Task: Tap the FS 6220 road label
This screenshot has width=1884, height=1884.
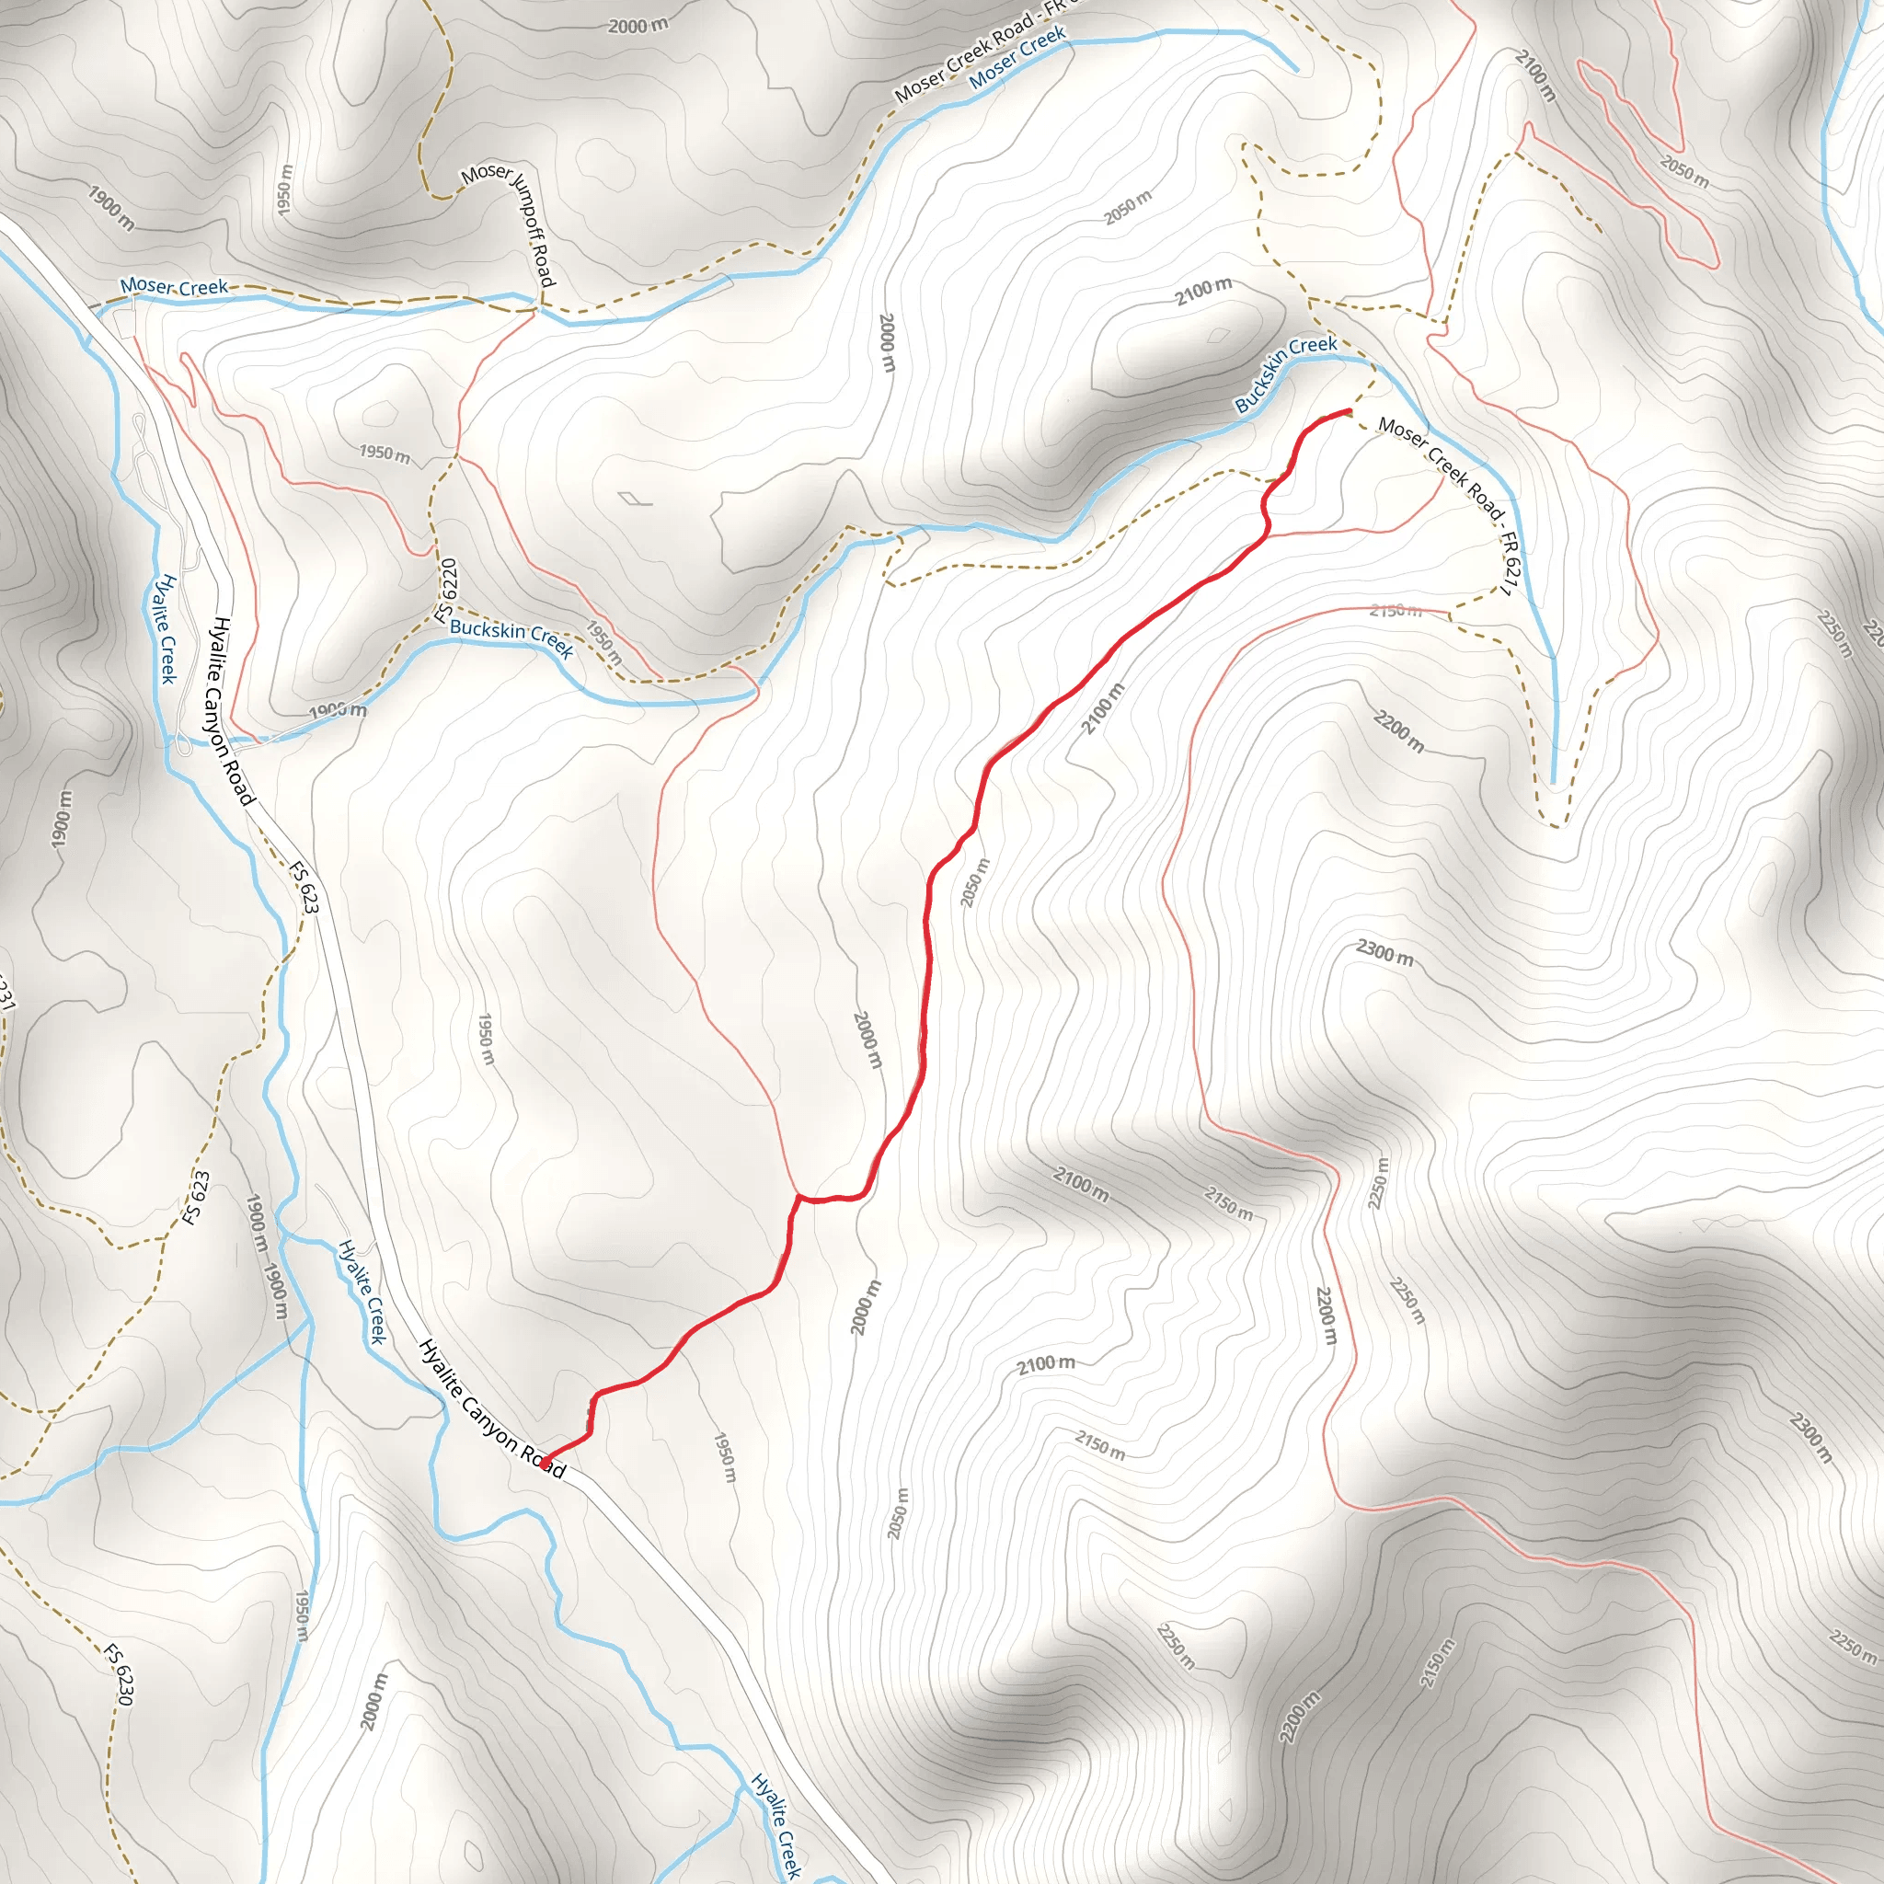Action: click(446, 591)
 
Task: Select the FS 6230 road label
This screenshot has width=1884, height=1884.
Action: click(119, 1674)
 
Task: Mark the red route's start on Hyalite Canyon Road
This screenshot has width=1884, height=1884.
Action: click(546, 1462)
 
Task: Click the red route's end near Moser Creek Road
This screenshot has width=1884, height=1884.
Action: click(1349, 410)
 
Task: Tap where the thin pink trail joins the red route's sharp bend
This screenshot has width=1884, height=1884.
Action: click(798, 1195)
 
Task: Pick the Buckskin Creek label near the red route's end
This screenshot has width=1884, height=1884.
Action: click(1285, 373)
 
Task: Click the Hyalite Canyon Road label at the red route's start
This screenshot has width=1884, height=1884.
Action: click(491, 1409)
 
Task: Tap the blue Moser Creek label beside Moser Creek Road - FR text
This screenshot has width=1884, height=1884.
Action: click(1018, 59)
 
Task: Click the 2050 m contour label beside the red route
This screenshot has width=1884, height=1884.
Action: click(975, 882)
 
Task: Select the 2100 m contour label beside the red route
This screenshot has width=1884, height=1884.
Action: click(1103, 709)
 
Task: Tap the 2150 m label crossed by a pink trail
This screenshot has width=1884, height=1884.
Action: click(1395, 612)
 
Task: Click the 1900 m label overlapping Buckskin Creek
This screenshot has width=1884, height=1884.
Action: click(338, 711)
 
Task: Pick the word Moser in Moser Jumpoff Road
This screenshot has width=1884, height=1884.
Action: click(486, 176)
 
